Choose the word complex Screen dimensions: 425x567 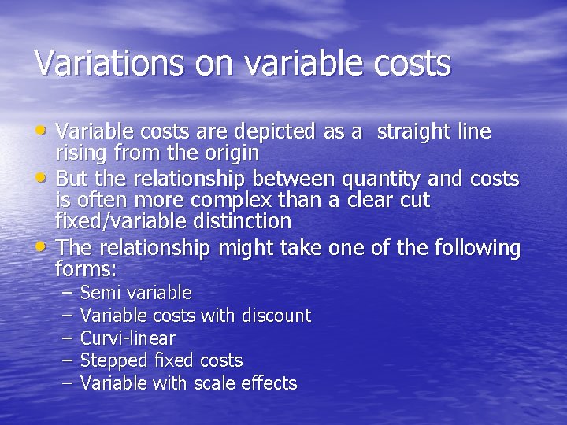click(x=256, y=200)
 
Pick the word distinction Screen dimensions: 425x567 click(x=242, y=220)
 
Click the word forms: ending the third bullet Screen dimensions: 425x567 click(x=86, y=269)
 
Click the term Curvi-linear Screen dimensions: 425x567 click(x=128, y=338)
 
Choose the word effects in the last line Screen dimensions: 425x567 click(x=270, y=383)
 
